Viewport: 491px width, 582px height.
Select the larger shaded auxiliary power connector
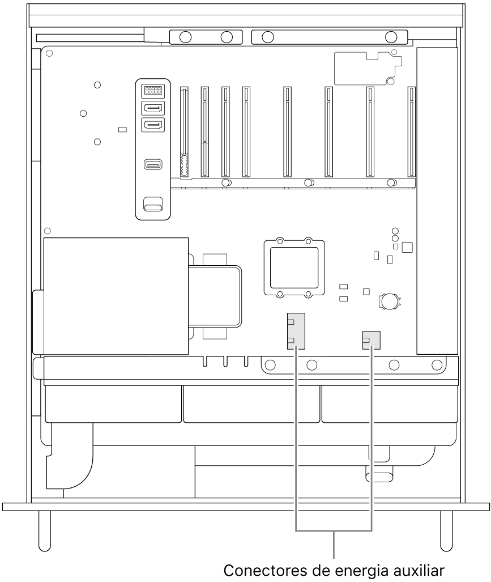coord(296,331)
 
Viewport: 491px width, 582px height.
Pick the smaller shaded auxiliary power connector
coord(371,341)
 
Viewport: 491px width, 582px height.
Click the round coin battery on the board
coord(389,301)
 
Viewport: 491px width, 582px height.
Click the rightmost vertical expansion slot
coord(411,132)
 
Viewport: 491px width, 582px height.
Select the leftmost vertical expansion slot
coord(184,132)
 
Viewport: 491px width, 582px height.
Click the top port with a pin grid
coord(153,90)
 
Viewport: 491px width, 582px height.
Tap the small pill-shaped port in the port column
coord(153,164)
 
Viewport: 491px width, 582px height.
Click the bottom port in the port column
coord(153,203)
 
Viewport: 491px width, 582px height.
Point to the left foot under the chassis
coord(44,531)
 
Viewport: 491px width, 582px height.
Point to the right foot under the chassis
coord(446,531)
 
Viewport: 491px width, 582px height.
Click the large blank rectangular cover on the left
coord(116,296)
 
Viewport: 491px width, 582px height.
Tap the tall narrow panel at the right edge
coord(437,201)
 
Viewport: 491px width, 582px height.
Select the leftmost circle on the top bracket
coord(185,37)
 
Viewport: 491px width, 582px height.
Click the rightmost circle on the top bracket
coord(391,37)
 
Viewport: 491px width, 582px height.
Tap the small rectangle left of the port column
coord(122,130)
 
